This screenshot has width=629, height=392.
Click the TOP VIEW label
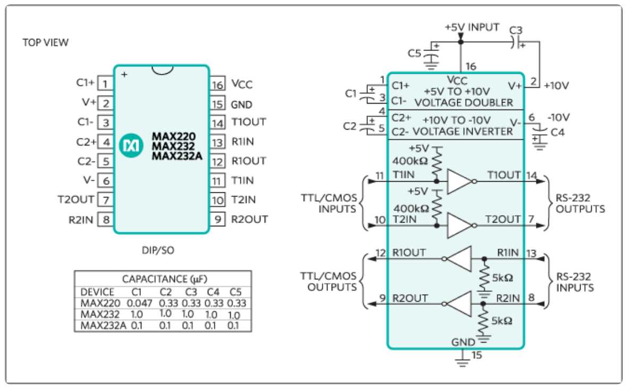pos(45,42)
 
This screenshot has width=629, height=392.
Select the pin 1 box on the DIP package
pos(106,83)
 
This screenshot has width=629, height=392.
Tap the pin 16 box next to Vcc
pos(216,83)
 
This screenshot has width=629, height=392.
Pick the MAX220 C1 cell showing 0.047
pos(140,302)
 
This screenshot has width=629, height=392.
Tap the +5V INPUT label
pos(472,27)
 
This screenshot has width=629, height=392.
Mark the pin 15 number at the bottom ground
pos(477,356)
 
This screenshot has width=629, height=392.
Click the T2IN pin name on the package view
pos(244,200)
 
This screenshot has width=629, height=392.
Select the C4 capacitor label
pos(558,132)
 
